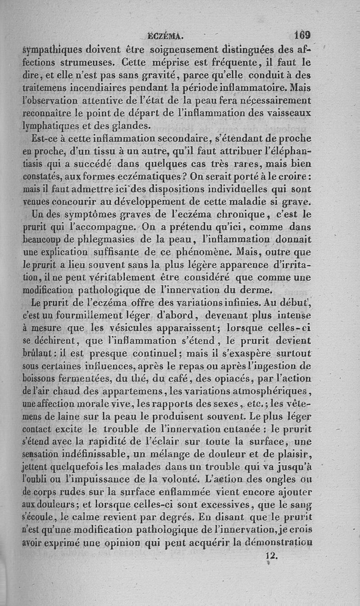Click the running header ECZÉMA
(168, 35)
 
